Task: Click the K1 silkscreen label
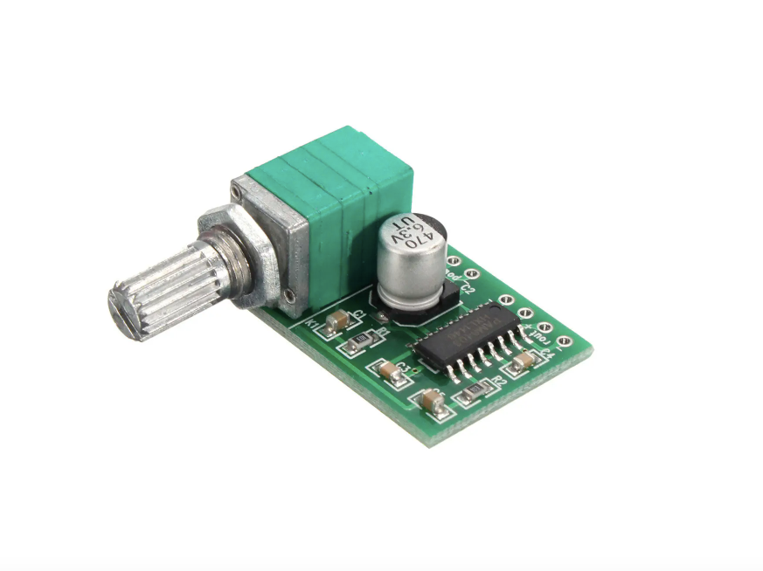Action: (x=311, y=325)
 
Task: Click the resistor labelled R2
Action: (x=473, y=392)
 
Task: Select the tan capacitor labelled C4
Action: (x=524, y=361)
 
